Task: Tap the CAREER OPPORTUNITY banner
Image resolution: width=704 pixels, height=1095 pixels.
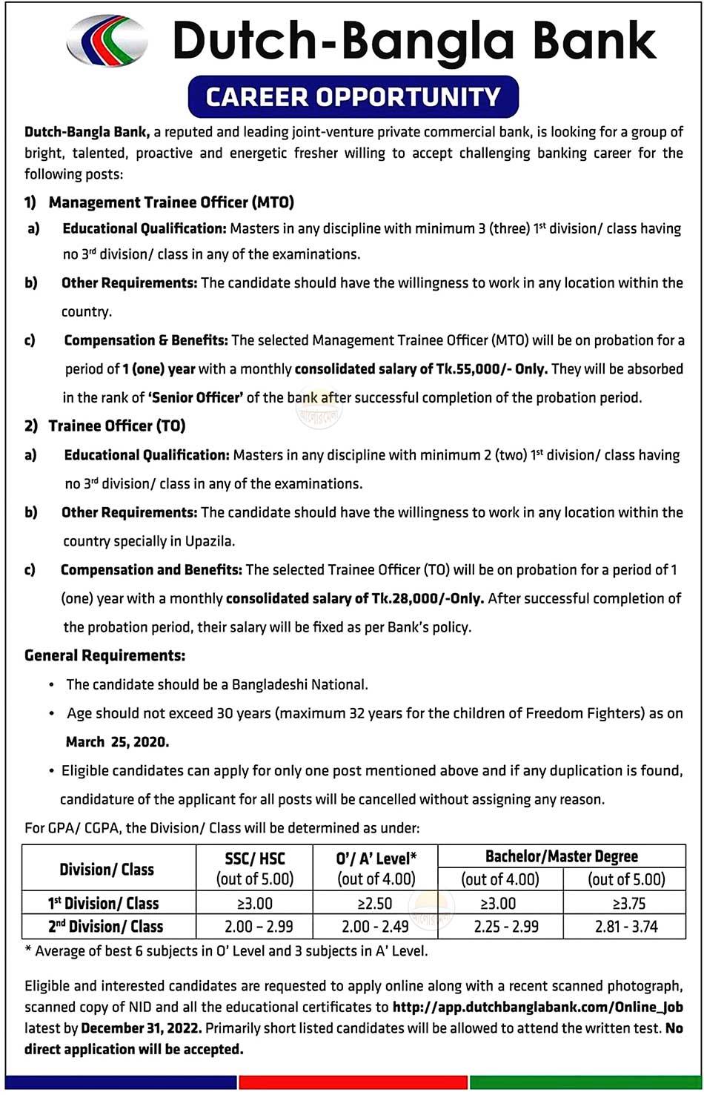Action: tap(353, 97)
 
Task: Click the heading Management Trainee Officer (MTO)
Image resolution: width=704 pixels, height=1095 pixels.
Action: tap(171, 202)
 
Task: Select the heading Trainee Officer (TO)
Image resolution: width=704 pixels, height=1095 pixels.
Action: tap(117, 426)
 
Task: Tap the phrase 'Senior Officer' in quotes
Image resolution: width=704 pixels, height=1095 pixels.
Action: tap(196, 397)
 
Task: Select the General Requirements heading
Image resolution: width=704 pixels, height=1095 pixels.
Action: tap(104, 655)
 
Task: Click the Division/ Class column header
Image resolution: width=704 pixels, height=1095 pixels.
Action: tap(107, 869)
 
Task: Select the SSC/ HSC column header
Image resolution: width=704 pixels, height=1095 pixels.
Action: tap(255, 859)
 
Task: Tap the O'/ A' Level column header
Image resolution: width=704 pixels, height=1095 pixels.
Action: tap(376, 859)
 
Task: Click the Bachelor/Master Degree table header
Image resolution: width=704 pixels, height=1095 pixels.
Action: tap(561, 856)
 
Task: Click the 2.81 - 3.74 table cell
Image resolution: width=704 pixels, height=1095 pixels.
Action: tap(625, 927)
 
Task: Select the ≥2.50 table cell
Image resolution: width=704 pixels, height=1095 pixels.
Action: tap(375, 904)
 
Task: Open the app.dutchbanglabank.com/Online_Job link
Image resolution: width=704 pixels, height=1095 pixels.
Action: tap(537, 1007)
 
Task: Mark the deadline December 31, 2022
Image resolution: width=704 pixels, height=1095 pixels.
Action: tap(141, 1028)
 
